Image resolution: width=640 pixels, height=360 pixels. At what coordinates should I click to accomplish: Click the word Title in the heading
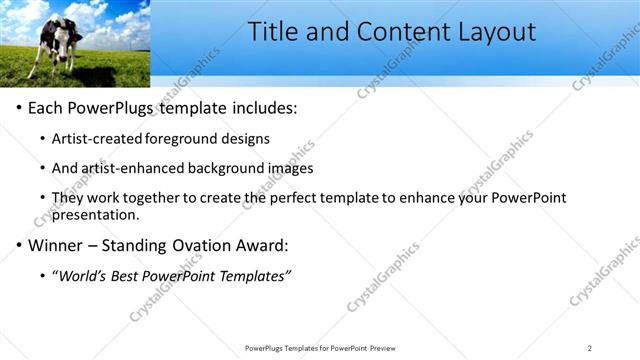pyautogui.click(x=273, y=32)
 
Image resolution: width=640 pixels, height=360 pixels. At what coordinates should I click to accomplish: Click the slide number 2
pyautogui.click(x=589, y=348)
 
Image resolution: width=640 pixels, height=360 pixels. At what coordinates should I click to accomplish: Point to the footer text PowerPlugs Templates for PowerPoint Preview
pyautogui.click(x=319, y=348)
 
